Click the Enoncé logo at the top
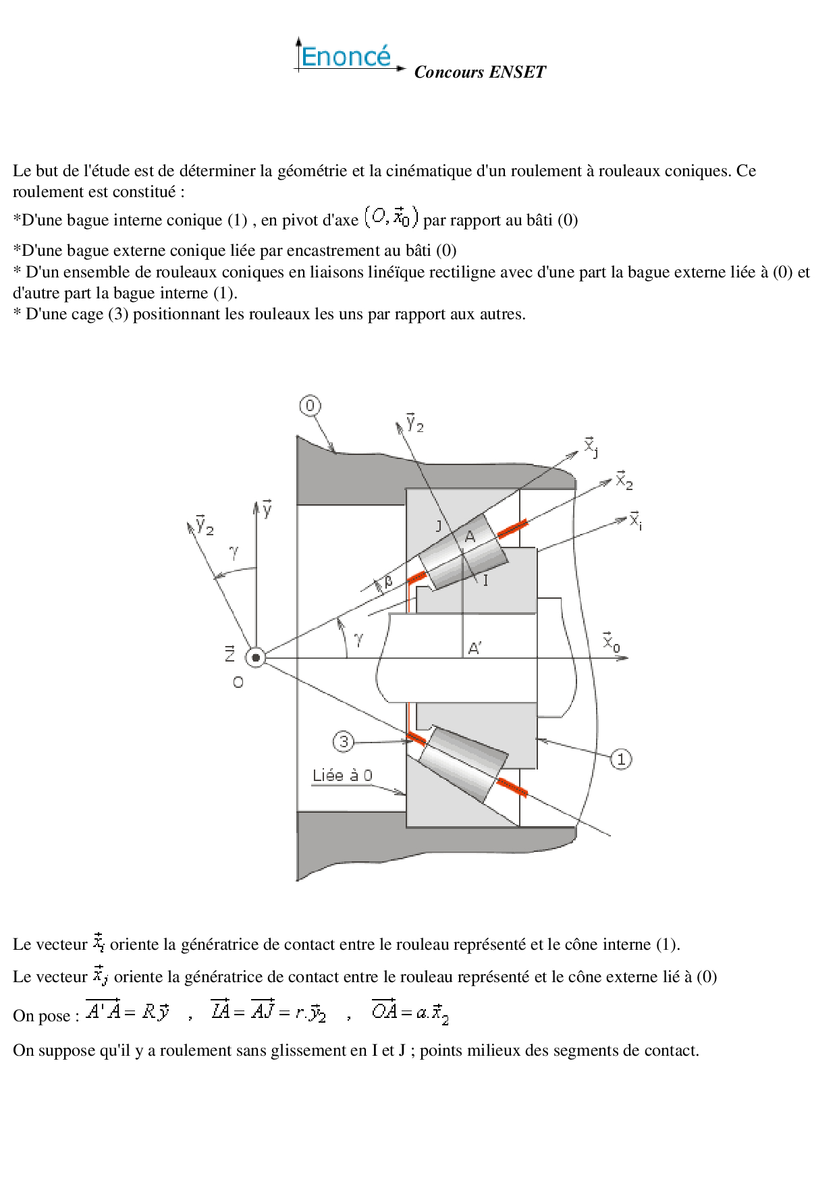(346, 56)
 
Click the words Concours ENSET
(479, 72)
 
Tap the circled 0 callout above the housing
(310, 406)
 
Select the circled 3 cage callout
(344, 742)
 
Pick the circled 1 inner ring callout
(621, 759)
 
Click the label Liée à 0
(342, 776)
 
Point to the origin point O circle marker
(256, 657)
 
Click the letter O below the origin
(238, 683)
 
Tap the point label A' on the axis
(475, 649)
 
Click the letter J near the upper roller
(439, 526)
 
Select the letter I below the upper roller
(485, 581)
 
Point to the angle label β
(388, 581)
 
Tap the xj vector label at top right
(591, 447)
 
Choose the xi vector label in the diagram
(635, 520)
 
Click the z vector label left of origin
(230, 653)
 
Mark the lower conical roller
(463, 764)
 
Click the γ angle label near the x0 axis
(358, 638)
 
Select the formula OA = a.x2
(410, 1012)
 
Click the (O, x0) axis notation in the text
(391, 217)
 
